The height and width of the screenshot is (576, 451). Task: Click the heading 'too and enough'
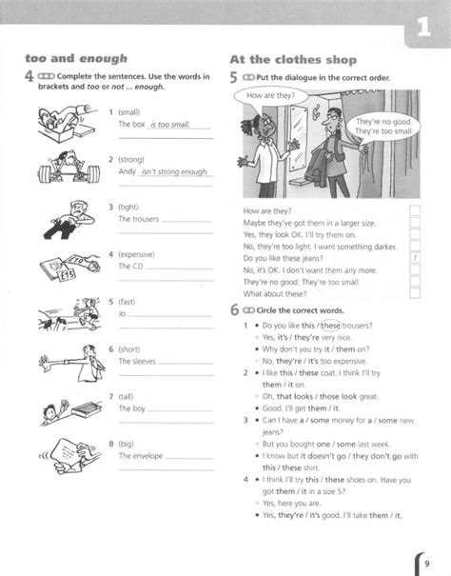[x=75, y=58]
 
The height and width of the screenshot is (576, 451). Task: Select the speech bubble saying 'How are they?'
[x=270, y=96]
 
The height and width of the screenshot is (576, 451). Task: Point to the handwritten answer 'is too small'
[x=171, y=125]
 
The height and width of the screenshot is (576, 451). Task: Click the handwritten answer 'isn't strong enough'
[x=174, y=171]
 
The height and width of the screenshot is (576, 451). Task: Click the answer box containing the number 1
[x=415, y=257]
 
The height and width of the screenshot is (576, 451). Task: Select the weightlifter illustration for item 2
[x=68, y=169]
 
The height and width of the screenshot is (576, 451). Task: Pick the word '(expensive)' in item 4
[x=139, y=254]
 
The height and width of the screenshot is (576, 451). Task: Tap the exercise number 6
[x=235, y=310]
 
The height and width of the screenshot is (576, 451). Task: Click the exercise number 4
[x=30, y=79]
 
